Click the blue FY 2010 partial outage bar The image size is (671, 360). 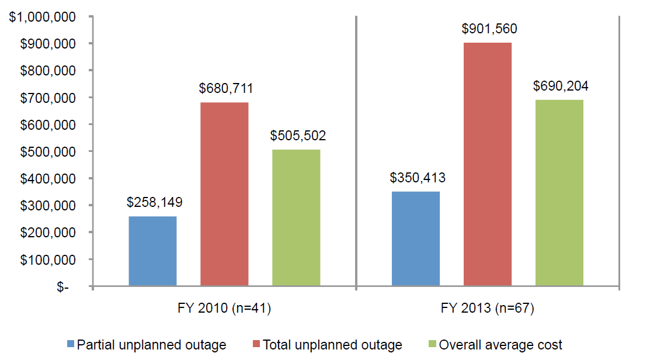tap(152, 251)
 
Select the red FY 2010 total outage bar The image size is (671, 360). tap(224, 194)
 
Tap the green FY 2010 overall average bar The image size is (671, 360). tap(296, 218)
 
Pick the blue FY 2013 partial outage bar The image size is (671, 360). tap(416, 238)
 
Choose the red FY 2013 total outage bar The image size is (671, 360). tap(488, 164)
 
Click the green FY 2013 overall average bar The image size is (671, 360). tap(559, 193)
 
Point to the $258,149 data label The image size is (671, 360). tap(154, 203)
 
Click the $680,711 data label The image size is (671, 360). tap(225, 89)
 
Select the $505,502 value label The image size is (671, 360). tap(298, 136)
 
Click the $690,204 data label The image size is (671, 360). tap(561, 86)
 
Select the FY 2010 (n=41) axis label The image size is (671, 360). tap(224, 309)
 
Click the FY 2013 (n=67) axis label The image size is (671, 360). tap(488, 309)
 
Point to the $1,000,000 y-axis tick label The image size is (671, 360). tap(43, 17)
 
